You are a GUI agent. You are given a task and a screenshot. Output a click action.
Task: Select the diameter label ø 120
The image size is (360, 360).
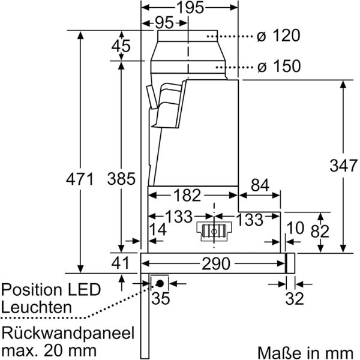(x=278, y=36)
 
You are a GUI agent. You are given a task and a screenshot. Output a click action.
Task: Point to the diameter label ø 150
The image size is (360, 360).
(x=278, y=67)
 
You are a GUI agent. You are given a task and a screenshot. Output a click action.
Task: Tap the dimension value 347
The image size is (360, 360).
(x=342, y=166)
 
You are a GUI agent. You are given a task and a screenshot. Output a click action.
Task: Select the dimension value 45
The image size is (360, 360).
(x=122, y=46)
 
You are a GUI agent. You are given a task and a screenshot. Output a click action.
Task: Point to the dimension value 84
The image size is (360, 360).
(x=259, y=187)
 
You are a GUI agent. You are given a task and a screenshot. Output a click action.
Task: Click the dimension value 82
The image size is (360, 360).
(x=320, y=230)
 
